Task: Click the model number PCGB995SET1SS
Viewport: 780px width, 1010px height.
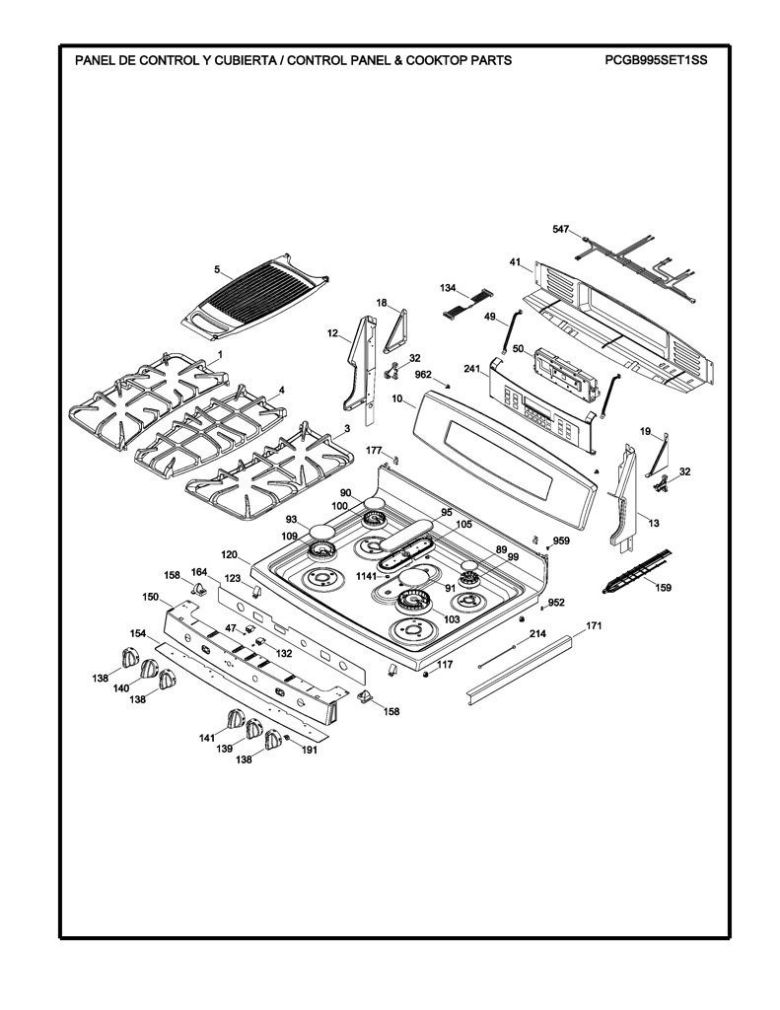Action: point(656,60)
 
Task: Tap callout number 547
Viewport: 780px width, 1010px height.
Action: point(561,229)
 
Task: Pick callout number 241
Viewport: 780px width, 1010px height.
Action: point(472,369)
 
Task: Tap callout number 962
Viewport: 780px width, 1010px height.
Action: point(422,374)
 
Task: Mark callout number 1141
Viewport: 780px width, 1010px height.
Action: point(367,576)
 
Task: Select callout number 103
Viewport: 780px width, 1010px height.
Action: point(453,619)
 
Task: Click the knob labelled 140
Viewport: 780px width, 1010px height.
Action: point(150,668)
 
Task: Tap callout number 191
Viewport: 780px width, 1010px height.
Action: point(310,750)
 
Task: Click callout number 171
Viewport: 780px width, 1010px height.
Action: point(594,625)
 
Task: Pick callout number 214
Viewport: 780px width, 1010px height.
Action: point(537,634)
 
